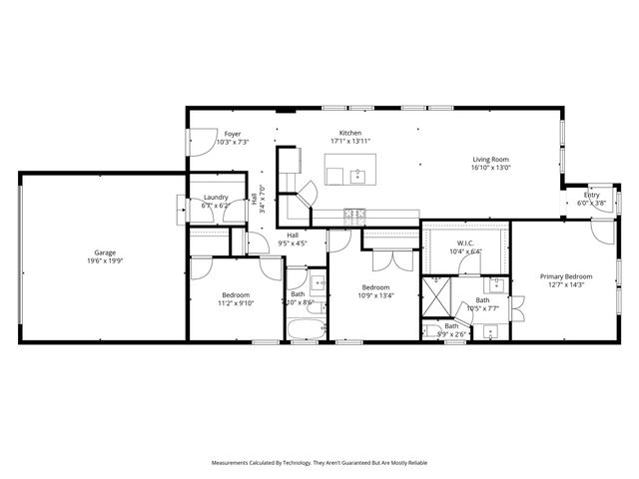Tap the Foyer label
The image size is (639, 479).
tap(232, 134)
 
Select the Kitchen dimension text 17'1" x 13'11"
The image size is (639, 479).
tap(349, 142)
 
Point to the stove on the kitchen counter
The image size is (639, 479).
tap(354, 213)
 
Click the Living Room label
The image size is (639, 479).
tap(491, 159)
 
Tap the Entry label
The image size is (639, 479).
tap(592, 195)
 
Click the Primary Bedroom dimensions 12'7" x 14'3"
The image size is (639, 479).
tap(566, 285)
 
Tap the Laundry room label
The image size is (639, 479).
tap(216, 198)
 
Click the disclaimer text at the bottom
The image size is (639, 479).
tap(319, 463)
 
